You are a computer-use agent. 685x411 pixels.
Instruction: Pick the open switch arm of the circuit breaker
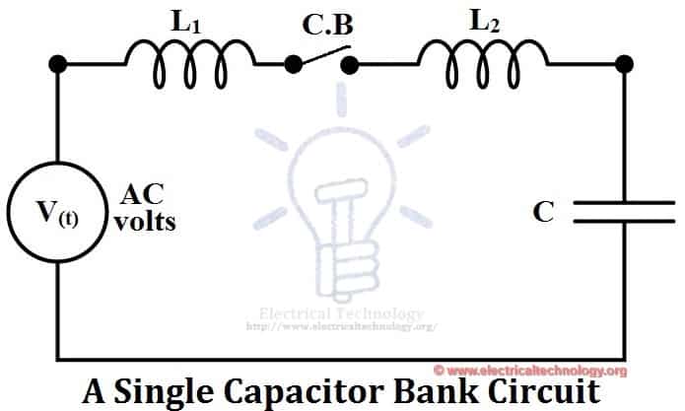(x=323, y=56)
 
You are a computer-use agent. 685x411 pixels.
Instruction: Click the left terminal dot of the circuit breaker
(x=293, y=65)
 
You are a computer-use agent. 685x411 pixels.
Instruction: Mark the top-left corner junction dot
(x=58, y=65)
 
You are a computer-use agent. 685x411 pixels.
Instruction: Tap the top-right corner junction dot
(x=622, y=65)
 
